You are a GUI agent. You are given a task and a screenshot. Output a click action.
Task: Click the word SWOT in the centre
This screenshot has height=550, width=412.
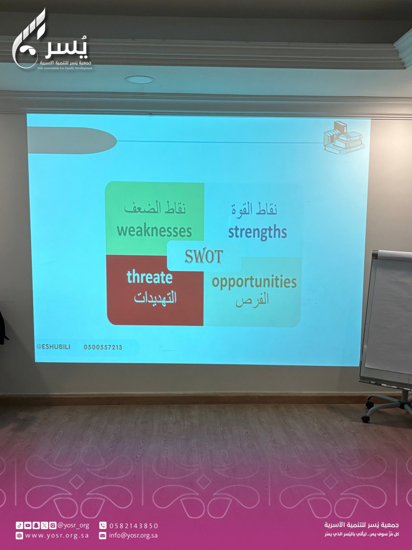click(204, 256)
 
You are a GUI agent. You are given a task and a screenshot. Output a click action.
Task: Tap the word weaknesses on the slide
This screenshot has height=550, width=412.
click(154, 231)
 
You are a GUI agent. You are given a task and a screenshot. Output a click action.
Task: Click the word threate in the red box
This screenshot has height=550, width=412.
click(150, 277)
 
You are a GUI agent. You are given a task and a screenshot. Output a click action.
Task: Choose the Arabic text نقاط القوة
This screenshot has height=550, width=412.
click(254, 210)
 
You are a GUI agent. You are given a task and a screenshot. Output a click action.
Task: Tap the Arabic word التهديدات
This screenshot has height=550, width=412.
click(155, 298)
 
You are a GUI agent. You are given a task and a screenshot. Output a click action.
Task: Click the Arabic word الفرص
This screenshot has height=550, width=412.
click(252, 300)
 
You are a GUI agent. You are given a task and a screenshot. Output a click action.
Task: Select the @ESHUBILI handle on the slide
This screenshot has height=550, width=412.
click(53, 347)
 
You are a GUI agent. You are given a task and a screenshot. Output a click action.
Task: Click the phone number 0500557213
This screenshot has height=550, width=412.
click(103, 347)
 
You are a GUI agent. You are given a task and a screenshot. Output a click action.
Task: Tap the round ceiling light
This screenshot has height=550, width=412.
click(140, 80)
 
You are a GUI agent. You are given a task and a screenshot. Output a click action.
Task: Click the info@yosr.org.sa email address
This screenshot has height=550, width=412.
click(133, 536)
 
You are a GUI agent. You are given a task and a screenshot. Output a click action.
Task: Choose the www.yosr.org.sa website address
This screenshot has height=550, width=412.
click(57, 536)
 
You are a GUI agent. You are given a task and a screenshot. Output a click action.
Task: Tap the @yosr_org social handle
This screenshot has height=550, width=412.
click(73, 526)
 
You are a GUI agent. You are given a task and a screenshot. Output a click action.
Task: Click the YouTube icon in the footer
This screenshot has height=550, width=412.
click(28, 526)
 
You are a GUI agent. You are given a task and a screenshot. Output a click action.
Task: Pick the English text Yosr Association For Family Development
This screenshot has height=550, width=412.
click(65, 68)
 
